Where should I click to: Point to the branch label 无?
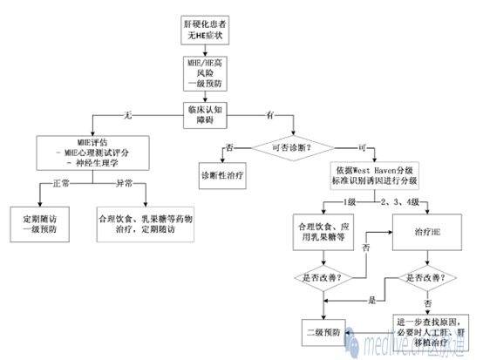point(129,114)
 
